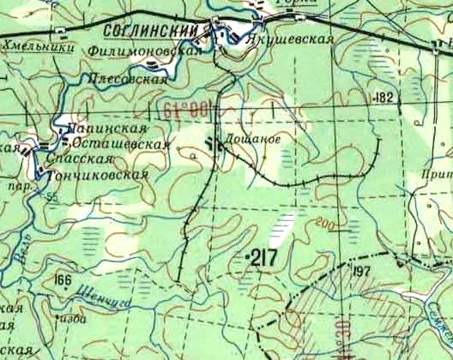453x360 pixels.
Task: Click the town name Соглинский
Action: click(153, 29)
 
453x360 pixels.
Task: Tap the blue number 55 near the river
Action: click(54, 197)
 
